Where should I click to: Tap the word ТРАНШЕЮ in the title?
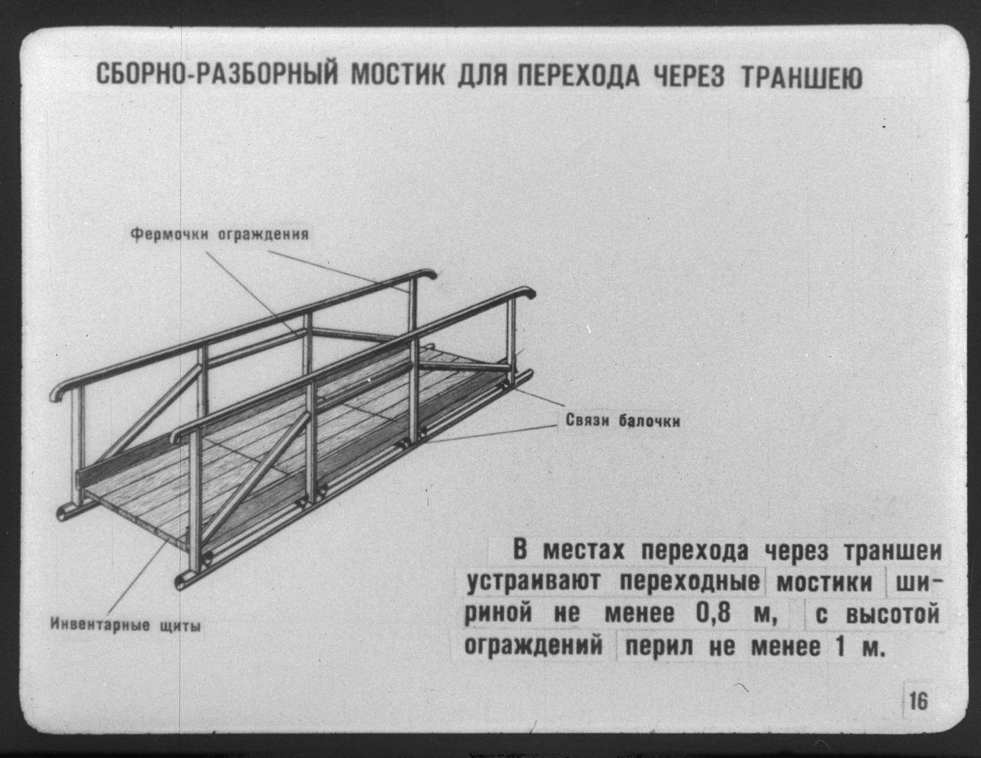pos(801,77)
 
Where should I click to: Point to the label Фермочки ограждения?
pos(220,234)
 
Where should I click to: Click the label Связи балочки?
pos(622,420)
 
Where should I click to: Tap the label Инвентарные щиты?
pos(126,625)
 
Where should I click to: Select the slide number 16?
pos(919,701)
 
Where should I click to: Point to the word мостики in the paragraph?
pos(825,583)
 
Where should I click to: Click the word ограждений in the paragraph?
pos(533,646)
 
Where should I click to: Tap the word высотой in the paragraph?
pos(893,614)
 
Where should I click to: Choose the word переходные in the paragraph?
pos(689,583)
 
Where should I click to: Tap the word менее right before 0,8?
pos(639,614)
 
